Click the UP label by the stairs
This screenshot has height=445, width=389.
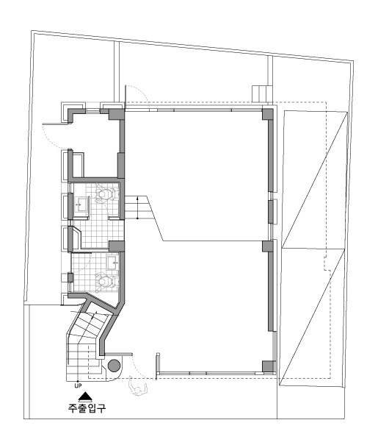click(x=78, y=386)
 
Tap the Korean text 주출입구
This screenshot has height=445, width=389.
click(x=87, y=407)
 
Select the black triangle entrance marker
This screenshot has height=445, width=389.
click(x=85, y=396)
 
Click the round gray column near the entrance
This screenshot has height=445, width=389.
click(x=114, y=366)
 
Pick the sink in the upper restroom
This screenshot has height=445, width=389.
click(x=81, y=204)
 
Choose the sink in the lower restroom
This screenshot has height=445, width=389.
click(x=113, y=263)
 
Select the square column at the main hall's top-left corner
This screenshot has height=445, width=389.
click(x=117, y=114)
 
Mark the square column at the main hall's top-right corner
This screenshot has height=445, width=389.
click(x=268, y=113)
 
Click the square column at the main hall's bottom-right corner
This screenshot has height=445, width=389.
click(x=269, y=366)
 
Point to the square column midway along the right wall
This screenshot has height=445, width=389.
click(x=267, y=246)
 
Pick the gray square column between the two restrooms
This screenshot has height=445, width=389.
click(x=117, y=246)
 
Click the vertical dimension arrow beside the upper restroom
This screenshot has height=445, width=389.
click(x=137, y=207)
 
